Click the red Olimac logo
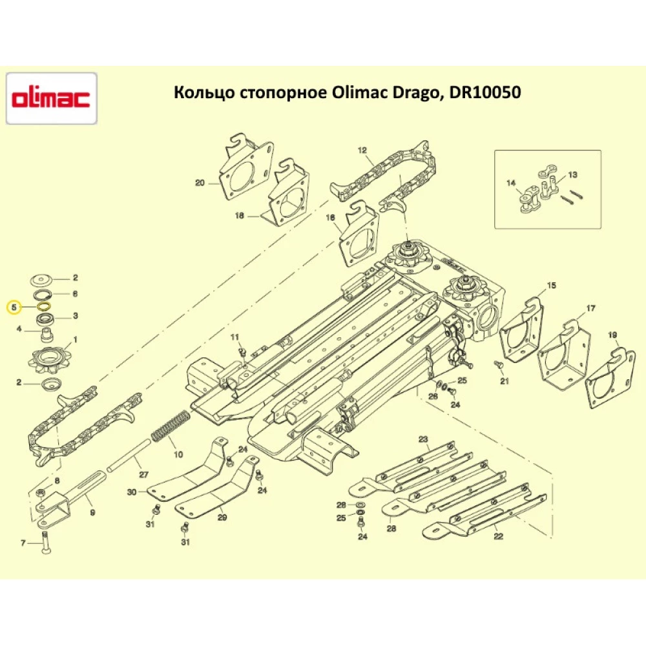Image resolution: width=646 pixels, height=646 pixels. [x=52, y=99]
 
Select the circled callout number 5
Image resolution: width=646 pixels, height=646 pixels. [x=14, y=306]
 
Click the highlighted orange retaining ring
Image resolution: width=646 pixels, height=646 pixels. [x=45, y=306]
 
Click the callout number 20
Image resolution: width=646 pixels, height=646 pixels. [x=199, y=183]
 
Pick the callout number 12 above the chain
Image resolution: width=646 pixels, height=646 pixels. [x=362, y=151]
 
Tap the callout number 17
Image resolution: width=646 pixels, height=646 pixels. [x=590, y=308]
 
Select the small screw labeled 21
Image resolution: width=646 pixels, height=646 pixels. [x=498, y=366]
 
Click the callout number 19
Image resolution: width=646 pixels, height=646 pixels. [x=613, y=335]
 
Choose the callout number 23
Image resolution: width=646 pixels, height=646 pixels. [x=423, y=440]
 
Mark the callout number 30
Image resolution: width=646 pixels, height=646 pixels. [x=132, y=492]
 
